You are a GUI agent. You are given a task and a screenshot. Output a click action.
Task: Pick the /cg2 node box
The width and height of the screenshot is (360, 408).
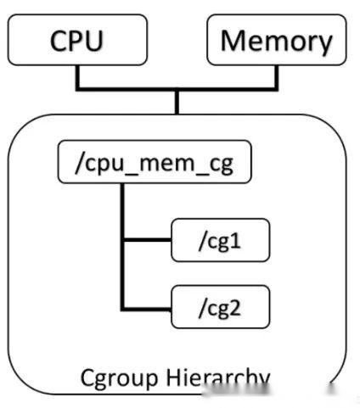[221, 305]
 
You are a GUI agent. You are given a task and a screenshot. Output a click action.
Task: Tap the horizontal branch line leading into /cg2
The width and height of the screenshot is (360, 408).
[148, 305]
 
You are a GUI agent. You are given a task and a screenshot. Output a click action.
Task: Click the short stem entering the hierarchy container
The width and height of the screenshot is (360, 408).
[177, 101]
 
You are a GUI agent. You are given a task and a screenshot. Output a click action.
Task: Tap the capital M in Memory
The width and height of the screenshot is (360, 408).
[234, 40]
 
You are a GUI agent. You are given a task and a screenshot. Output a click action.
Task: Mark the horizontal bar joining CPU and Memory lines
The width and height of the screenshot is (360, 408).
[177, 87]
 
